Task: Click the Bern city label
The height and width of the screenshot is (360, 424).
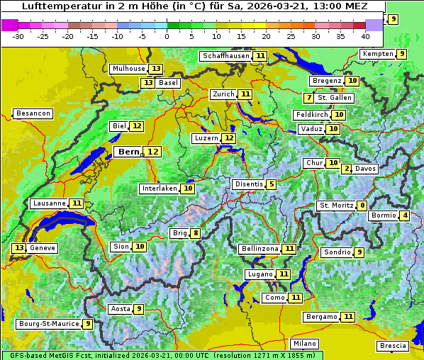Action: click(x=128, y=152)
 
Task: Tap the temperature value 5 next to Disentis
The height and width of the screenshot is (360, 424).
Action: click(x=272, y=184)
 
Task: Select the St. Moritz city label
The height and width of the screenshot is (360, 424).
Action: click(x=335, y=206)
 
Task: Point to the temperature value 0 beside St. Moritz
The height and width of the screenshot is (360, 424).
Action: click(x=362, y=206)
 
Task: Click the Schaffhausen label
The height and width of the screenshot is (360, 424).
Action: click(x=225, y=55)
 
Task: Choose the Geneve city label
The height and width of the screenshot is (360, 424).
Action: click(x=43, y=248)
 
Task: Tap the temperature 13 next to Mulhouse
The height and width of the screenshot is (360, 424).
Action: click(x=155, y=69)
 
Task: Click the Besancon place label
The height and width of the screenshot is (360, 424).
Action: click(x=33, y=113)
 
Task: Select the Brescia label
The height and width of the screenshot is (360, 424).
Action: click(x=394, y=346)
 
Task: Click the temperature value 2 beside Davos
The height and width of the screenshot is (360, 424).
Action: click(x=347, y=169)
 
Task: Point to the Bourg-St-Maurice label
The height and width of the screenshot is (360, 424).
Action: click(x=48, y=324)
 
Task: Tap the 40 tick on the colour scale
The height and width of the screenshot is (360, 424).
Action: click(x=366, y=35)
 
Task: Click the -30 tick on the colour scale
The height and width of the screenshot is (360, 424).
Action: click(x=18, y=35)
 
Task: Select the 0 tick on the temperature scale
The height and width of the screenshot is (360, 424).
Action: click(x=167, y=35)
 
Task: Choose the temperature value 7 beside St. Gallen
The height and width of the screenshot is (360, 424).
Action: click(x=308, y=97)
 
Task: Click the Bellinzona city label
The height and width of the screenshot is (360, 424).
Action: click(x=259, y=249)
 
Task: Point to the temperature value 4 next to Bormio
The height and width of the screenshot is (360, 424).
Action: click(x=405, y=215)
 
